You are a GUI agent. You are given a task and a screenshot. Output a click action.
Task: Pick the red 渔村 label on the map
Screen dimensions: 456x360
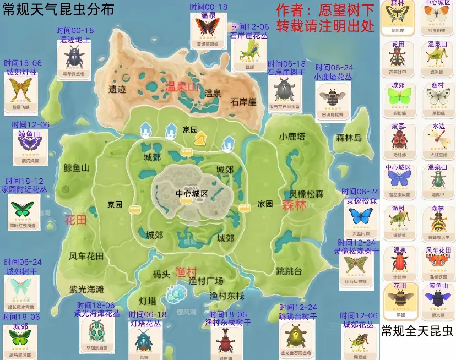coord(186,271)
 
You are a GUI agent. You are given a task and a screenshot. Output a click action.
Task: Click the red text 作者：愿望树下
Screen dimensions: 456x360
coord(325,10)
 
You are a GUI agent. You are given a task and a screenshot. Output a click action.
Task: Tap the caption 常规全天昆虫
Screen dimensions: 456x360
coord(417,331)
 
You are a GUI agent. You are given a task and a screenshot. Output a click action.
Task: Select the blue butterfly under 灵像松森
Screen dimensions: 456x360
coord(362,217)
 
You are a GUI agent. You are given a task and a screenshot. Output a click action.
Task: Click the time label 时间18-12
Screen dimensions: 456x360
coord(24,181)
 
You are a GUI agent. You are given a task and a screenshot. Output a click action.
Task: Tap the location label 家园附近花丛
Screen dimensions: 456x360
coord(24,189)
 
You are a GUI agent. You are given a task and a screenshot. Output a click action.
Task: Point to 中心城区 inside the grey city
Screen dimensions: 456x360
coord(192,194)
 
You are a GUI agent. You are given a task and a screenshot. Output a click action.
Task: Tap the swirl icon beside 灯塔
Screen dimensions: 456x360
coord(176,293)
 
